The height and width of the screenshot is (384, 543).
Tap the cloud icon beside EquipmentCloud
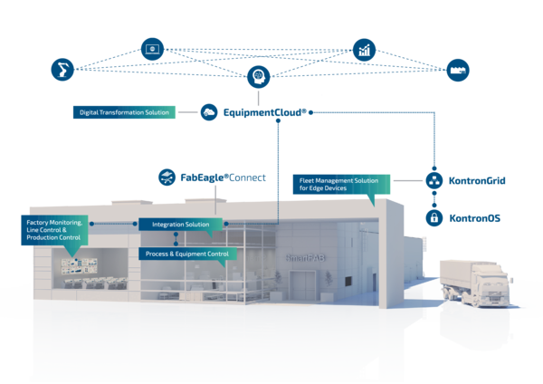point(209,112)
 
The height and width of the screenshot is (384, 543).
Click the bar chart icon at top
point(364,49)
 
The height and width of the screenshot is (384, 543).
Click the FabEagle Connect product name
point(222,177)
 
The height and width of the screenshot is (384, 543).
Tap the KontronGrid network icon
point(434,181)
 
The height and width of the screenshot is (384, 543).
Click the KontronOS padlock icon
point(434,218)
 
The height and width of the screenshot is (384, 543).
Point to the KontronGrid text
point(477,181)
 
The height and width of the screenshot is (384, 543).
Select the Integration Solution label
point(179,224)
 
